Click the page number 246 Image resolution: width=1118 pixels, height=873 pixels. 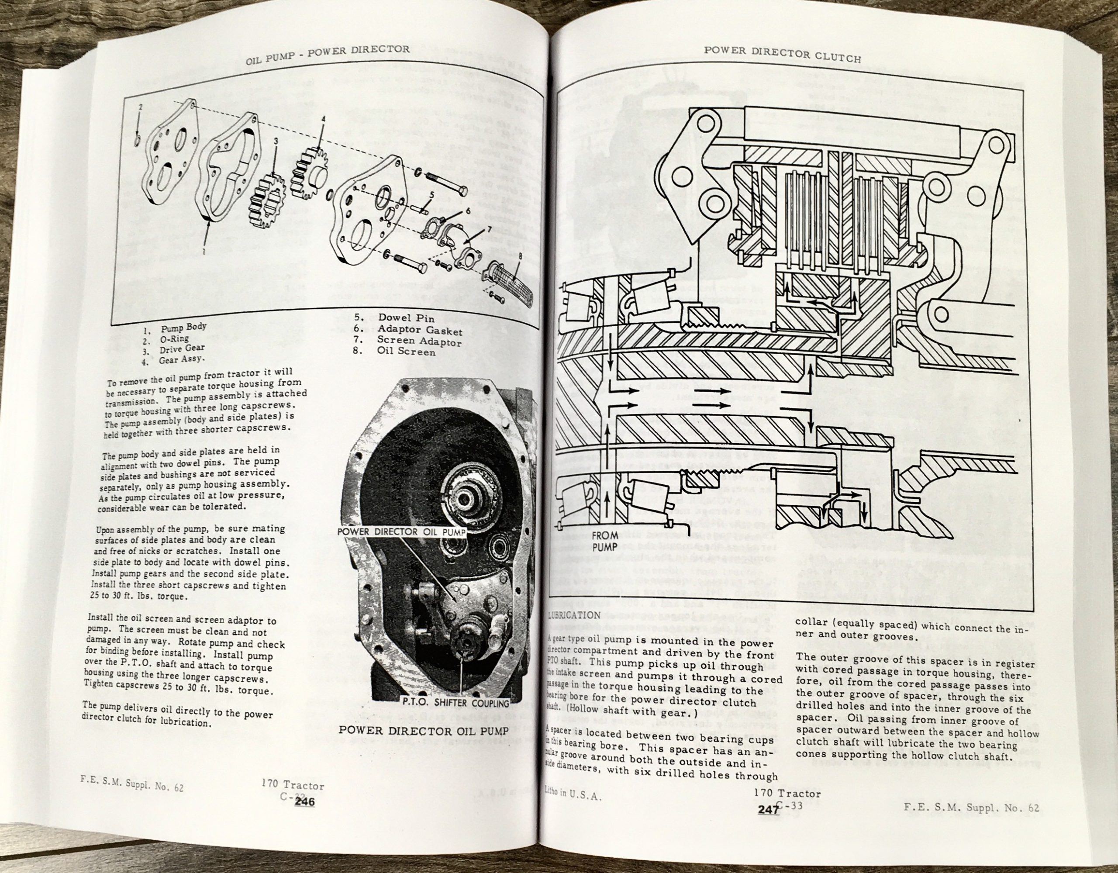(304, 802)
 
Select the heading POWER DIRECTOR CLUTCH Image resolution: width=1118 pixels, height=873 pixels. (782, 54)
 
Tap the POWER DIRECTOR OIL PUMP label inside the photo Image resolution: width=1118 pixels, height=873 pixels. (402, 531)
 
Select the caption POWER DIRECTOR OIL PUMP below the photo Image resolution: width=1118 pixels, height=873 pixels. (423, 730)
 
